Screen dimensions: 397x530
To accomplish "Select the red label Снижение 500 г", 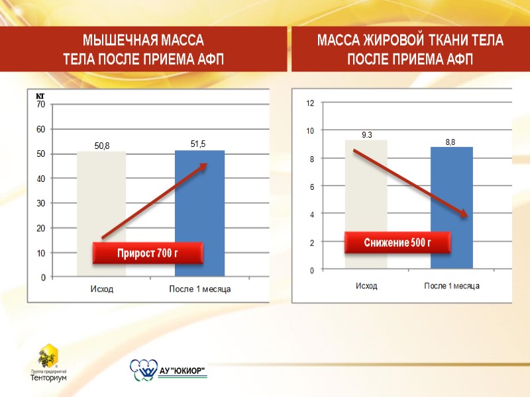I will (x=397, y=242).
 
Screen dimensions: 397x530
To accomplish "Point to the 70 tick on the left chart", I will (x=41, y=105).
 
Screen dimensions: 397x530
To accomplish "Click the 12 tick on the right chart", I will (x=310, y=104).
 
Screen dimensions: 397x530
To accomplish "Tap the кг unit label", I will (x=40, y=97).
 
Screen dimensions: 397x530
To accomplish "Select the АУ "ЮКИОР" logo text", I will (x=182, y=370).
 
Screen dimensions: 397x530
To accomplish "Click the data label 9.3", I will (x=366, y=135).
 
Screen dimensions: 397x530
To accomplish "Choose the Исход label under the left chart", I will (x=101, y=289).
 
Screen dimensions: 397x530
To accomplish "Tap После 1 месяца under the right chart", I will (x=451, y=286).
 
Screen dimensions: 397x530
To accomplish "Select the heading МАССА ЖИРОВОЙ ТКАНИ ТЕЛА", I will (x=410, y=40).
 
